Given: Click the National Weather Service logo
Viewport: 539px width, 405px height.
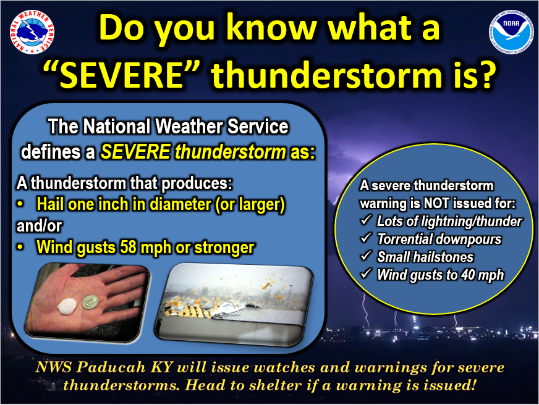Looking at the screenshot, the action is coord(32,32).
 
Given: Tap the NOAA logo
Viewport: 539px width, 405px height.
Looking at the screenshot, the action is coord(511,32).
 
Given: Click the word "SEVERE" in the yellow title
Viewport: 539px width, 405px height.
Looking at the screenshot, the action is coord(121,75).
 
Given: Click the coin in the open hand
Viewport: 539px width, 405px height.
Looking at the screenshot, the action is coord(90,302).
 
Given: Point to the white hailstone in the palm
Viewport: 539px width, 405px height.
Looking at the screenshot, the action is coord(67,306).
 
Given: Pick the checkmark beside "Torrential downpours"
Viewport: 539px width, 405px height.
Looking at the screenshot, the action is coord(366,238).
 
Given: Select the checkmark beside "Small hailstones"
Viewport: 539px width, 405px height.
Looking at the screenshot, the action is coord(366,256).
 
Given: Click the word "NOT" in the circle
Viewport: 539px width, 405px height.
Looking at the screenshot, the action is coord(436,203).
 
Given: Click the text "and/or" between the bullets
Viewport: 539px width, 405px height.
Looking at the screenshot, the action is coord(39,226).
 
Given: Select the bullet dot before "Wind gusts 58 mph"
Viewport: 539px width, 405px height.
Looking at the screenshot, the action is coord(20,247).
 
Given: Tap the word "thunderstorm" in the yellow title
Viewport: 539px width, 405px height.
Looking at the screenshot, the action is coord(326,75).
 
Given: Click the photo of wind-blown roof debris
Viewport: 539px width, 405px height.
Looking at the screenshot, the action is coord(235,305).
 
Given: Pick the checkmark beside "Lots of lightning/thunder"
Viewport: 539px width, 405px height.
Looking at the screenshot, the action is coord(366,220).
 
